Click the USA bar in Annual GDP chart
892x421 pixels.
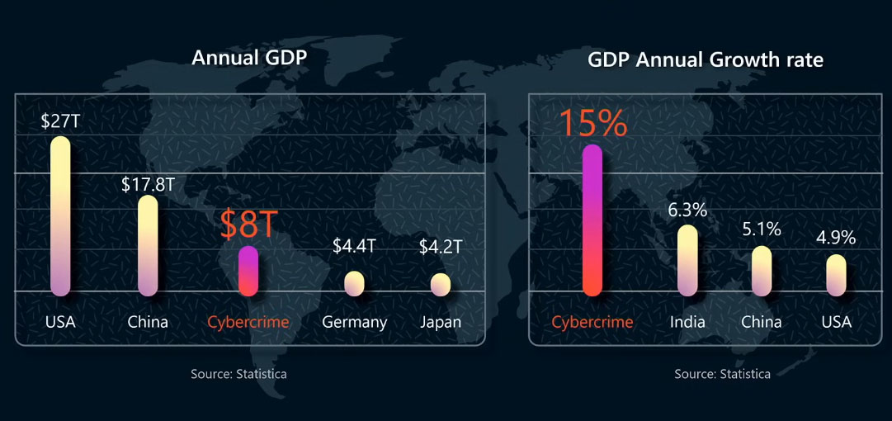pyautogui.click(x=60, y=215)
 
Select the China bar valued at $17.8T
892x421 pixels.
pyautogui.click(x=148, y=245)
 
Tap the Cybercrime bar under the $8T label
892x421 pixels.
pyautogui.click(x=248, y=271)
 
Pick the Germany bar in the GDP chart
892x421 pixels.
pyautogui.click(x=354, y=283)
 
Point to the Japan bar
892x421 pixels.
pyautogui.click(x=441, y=284)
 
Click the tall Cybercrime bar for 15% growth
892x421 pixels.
pyautogui.click(x=592, y=220)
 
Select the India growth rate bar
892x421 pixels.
pyautogui.click(x=687, y=260)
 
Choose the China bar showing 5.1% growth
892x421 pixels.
pyautogui.click(x=761, y=271)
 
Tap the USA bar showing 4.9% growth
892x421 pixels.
pyautogui.click(x=836, y=275)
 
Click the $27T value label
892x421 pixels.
pyautogui.click(x=60, y=121)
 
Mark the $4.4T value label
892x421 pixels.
pyautogui.click(x=354, y=246)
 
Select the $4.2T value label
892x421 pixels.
pyautogui.click(x=441, y=247)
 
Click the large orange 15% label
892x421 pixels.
pyautogui.click(x=593, y=122)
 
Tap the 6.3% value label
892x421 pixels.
pyautogui.click(x=687, y=210)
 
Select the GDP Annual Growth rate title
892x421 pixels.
pyautogui.click(x=706, y=60)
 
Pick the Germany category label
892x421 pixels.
pyautogui.click(x=354, y=322)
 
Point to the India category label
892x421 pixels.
pyautogui.click(x=687, y=322)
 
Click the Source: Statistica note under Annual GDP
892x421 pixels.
pyautogui.click(x=238, y=374)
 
